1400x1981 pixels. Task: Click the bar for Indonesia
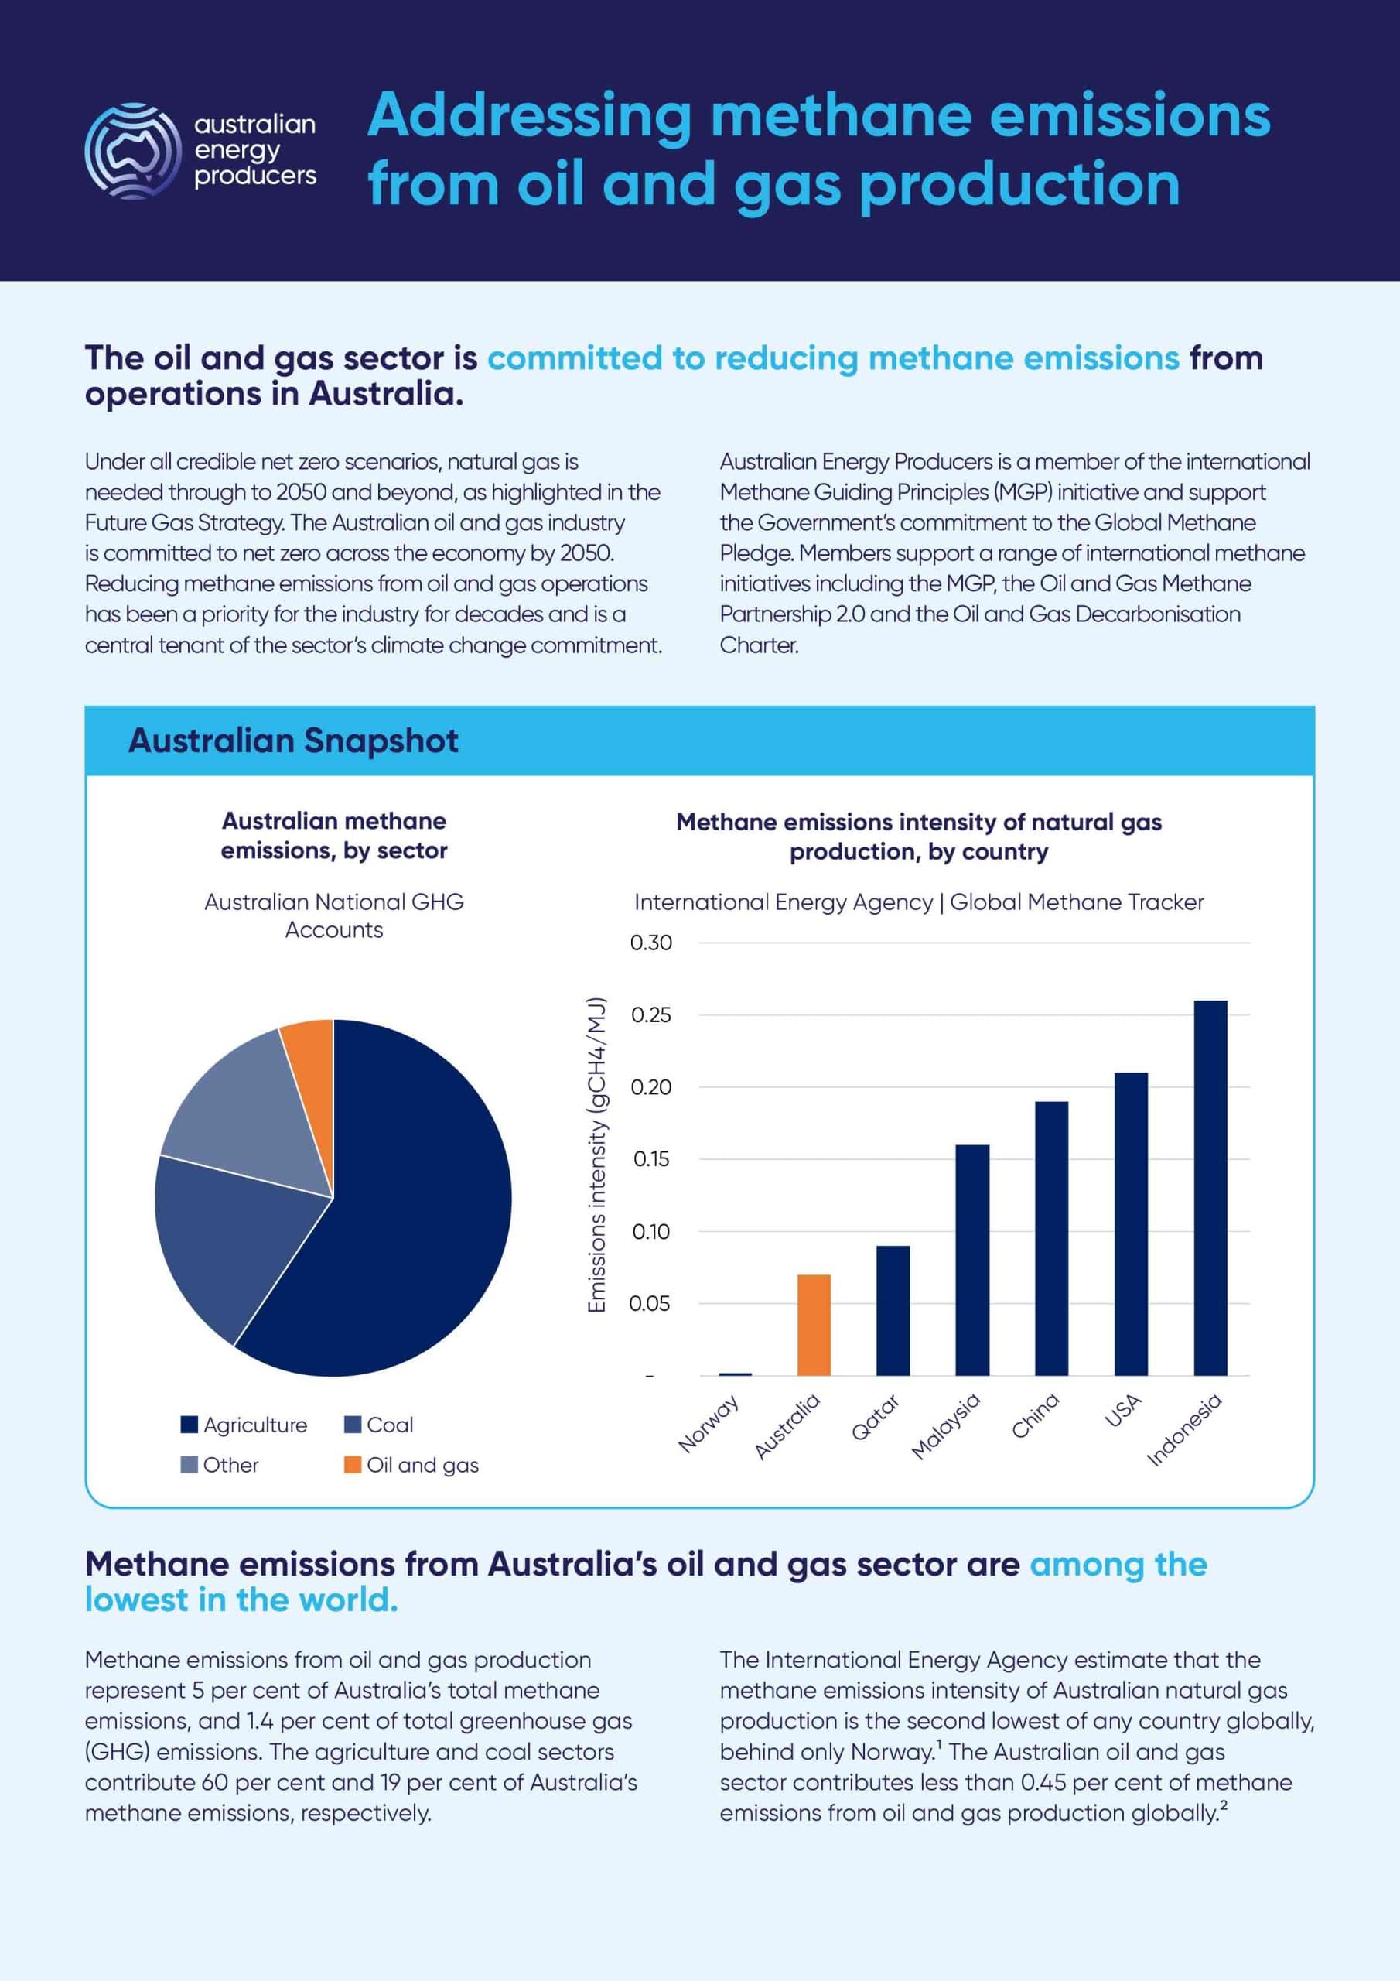(x=1210, y=1187)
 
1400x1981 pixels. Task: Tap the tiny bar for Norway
(x=735, y=1374)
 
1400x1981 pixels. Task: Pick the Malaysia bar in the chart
(x=972, y=1260)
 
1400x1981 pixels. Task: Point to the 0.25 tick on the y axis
(x=650, y=1015)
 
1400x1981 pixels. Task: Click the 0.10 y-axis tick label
(x=650, y=1232)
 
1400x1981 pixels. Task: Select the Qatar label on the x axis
(x=875, y=1418)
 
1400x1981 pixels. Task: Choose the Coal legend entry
(x=379, y=1425)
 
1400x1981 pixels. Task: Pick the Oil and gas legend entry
(x=411, y=1464)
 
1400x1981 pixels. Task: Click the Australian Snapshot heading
(x=293, y=741)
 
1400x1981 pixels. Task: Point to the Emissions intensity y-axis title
(x=596, y=1156)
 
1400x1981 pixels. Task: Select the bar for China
(x=1050, y=1238)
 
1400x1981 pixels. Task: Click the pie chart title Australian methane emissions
(x=334, y=835)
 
